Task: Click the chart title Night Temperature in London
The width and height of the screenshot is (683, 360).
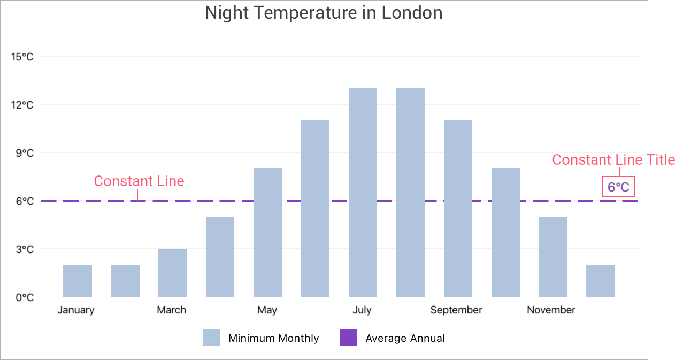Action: coord(324,13)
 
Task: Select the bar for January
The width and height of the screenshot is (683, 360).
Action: coord(78,281)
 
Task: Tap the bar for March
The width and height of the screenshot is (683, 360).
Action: coord(172,273)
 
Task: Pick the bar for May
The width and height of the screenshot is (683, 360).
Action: coord(267,233)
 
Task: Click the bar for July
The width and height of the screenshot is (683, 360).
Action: coord(363,193)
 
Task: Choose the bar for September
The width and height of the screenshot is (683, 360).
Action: coord(458,209)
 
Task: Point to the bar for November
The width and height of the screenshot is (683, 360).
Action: coord(553,257)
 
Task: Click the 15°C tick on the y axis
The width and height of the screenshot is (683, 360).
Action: coord(22,57)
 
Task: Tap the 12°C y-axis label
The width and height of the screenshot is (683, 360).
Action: coord(22,105)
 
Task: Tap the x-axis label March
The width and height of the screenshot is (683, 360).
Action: coord(172,310)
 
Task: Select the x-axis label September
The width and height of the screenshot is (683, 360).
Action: coord(456,310)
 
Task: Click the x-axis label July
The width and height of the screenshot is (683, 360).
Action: coord(362,310)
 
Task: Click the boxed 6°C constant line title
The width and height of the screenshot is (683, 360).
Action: coord(618,187)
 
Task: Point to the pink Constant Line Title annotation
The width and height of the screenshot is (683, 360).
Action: coord(613,160)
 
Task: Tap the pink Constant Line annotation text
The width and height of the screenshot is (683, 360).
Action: coord(139,181)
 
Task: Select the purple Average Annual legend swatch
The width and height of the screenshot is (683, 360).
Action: coord(348,338)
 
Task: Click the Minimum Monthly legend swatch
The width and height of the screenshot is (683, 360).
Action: coord(211,338)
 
